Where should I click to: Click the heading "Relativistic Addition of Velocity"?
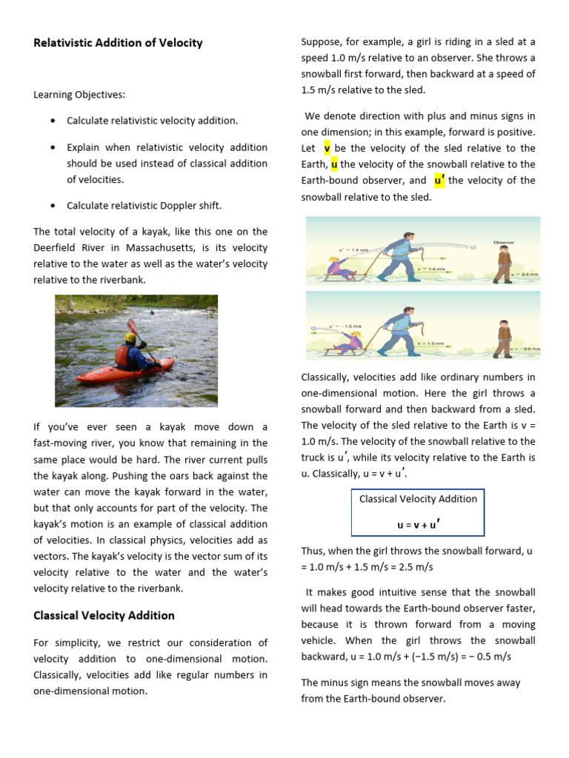point(118,43)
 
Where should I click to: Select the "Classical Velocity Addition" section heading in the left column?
point(104,615)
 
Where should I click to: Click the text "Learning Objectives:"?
point(79,95)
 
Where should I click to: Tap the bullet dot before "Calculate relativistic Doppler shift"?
point(52,206)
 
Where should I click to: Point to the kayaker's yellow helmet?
point(130,338)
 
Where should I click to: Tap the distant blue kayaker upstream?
point(152,312)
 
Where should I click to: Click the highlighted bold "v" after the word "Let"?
point(327,148)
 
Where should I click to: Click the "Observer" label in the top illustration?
point(505,242)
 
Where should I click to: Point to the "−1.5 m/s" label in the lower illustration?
point(347,326)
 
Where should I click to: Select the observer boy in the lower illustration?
point(504,339)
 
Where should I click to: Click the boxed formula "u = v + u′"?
point(418,524)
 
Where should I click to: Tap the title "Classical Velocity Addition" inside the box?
point(418,499)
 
